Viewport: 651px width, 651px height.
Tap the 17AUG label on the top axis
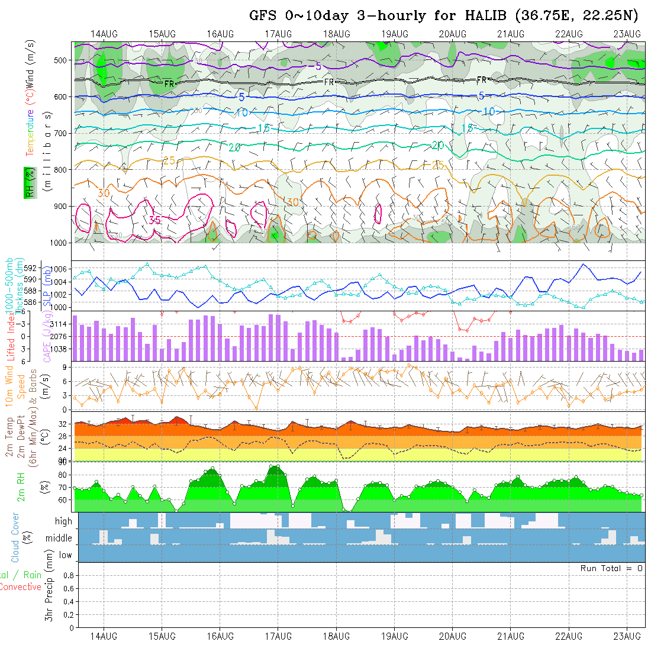click(x=278, y=34)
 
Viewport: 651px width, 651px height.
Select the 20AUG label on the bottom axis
click(x=452, y=637)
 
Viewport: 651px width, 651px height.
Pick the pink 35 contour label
click(x=155, y=220)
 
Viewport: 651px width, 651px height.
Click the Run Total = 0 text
click(x=611, y=568)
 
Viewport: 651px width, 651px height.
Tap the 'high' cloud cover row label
click(x=63, y=521)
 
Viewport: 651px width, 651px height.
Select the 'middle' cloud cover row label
click(x=59, y=539)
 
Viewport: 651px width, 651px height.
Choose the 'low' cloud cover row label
click(x=65, y=555)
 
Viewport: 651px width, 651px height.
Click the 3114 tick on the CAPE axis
click(x=59, y=324)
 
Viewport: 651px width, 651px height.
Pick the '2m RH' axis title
click(x=21, y=487)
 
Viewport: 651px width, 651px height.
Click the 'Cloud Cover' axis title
click(x=15, y=537)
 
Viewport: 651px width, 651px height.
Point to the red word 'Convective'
click(x=21, y=587)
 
